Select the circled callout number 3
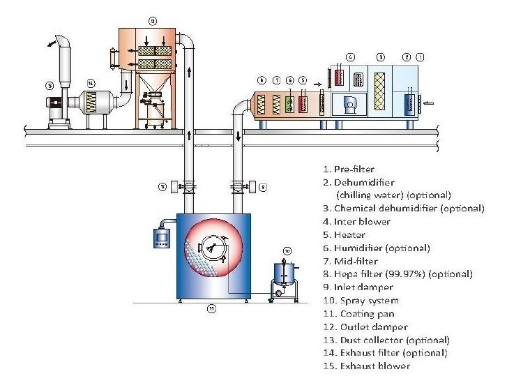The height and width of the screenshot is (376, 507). point(379,55)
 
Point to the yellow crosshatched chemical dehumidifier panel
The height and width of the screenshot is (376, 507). point(379,89)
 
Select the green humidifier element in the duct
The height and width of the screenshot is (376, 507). point(290,104)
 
